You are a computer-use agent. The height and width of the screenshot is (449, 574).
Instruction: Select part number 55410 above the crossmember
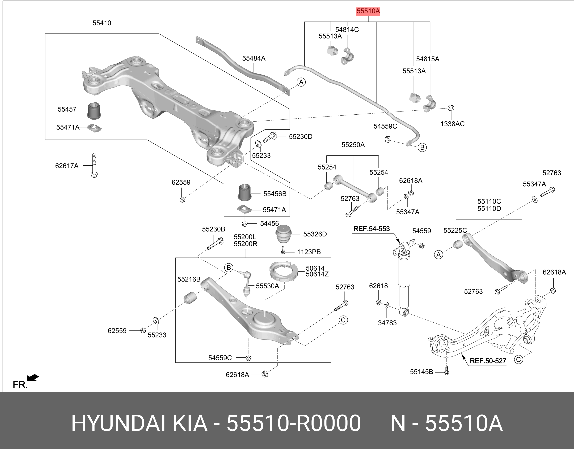(102, 23)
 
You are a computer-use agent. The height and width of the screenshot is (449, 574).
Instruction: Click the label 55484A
(254, 58)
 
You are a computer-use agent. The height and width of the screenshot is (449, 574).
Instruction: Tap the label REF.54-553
(372, 229)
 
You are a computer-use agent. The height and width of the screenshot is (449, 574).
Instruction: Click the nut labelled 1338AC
(451, 108)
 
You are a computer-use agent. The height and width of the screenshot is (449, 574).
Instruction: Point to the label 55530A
(267, 286)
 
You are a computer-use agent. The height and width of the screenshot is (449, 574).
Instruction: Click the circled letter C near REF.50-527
(518, 359)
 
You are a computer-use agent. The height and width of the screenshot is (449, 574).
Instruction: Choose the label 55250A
(353, 145)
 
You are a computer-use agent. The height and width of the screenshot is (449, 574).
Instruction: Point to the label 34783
(387, 323)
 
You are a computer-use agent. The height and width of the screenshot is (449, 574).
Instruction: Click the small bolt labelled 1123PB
(283, 250)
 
